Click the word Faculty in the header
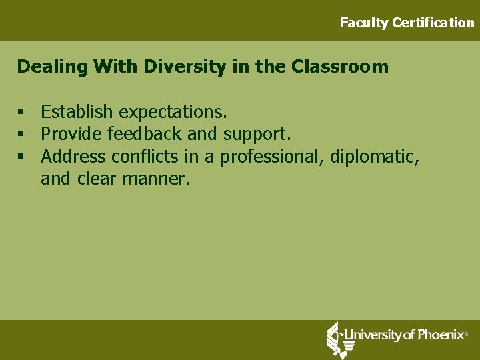364,23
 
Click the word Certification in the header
433,23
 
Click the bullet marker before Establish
21,111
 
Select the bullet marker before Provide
21,134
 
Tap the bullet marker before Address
21,157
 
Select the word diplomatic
379,157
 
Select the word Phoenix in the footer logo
439,335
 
